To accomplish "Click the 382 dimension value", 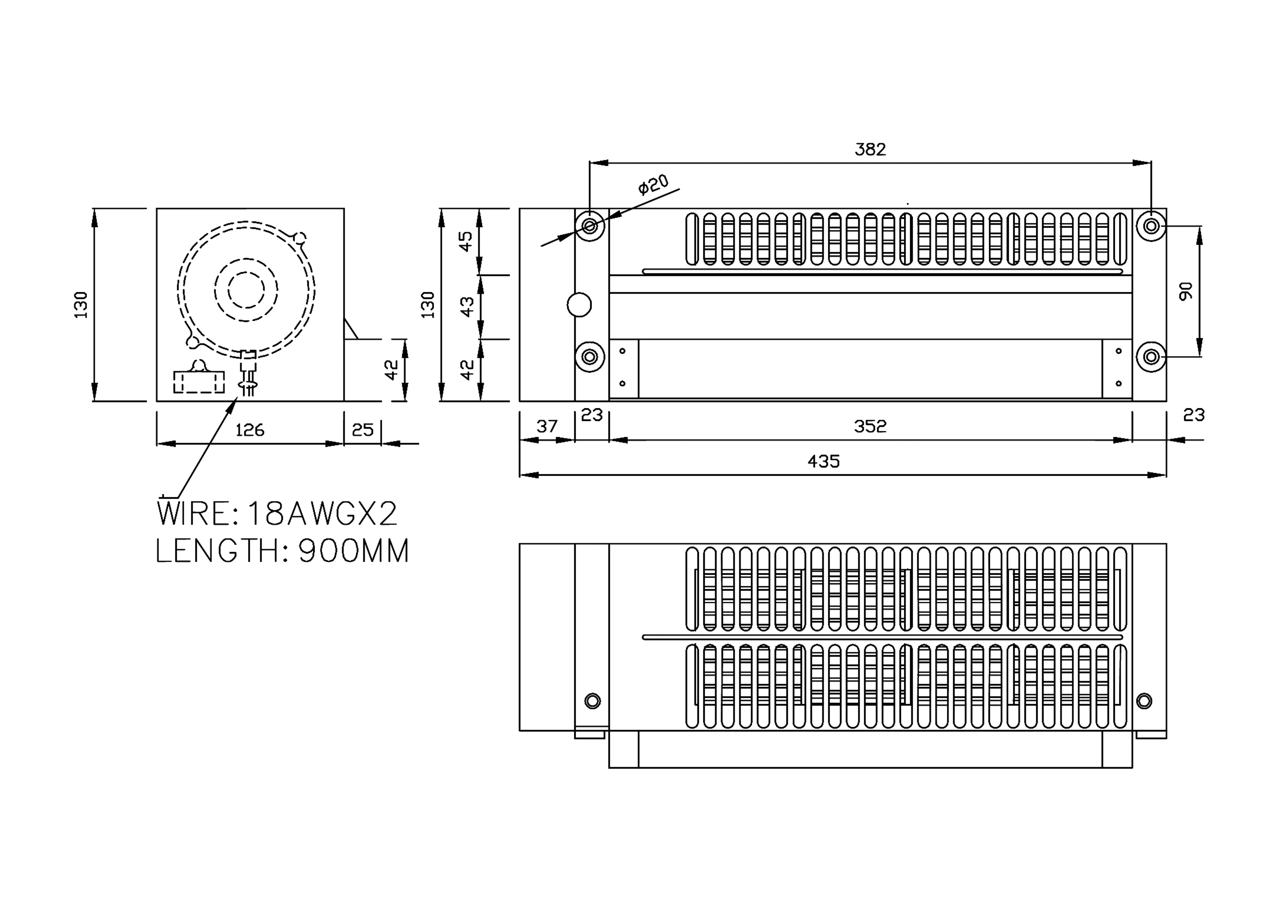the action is point(870,149).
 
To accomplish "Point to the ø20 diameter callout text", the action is point(653,184).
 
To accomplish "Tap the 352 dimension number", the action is point(870,426).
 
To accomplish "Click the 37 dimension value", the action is point(547,426).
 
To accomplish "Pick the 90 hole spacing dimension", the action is point(1185,291).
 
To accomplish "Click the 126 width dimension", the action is point(249,430).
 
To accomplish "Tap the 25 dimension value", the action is point(363,430).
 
